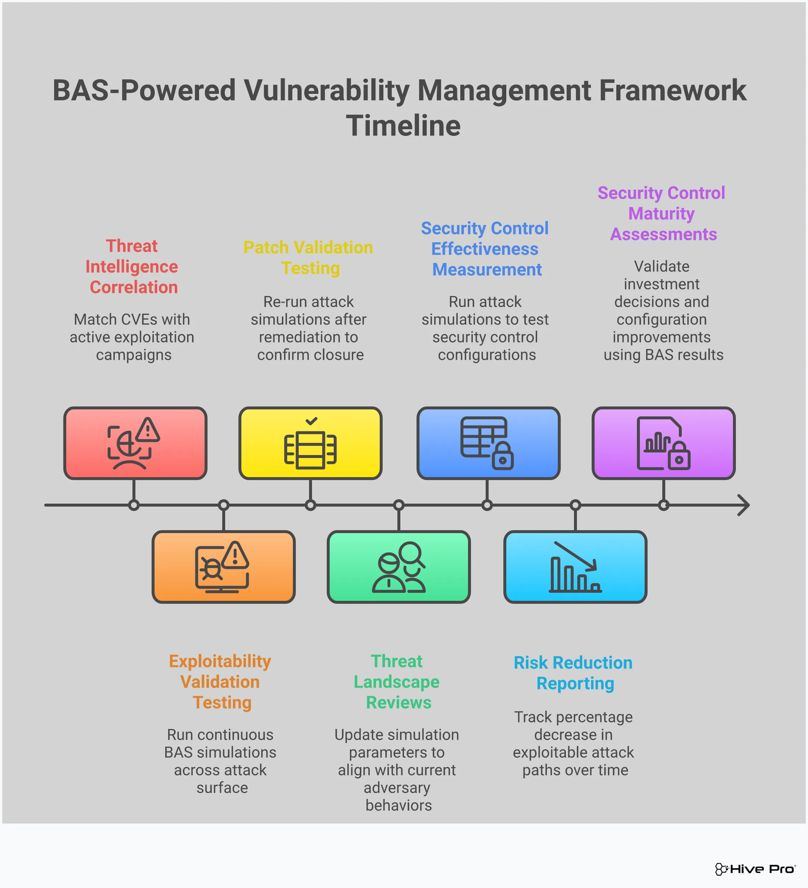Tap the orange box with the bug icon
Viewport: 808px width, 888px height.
223,567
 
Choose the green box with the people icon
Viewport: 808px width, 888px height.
398,567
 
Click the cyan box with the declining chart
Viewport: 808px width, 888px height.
575,567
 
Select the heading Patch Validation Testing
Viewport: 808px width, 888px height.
308,258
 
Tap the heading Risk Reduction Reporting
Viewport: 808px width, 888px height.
573,673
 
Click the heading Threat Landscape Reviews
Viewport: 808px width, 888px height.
397,681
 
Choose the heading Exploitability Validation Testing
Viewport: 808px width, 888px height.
220,681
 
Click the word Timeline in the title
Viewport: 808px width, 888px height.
403,126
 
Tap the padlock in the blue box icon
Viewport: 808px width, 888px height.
502,457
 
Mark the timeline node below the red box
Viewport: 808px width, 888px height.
134,505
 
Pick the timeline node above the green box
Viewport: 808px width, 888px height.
398,505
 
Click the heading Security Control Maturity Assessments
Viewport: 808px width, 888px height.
661,214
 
